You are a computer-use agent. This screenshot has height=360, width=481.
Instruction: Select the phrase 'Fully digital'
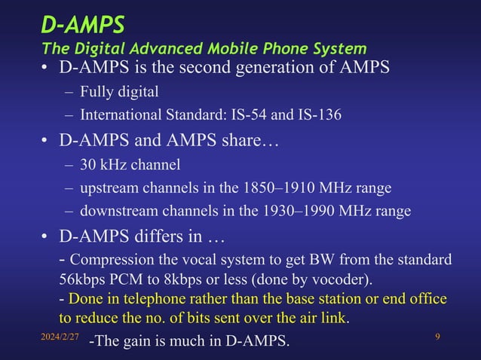tap(119, 93)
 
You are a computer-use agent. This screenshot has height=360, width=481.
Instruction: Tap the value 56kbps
tap(84, 279)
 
